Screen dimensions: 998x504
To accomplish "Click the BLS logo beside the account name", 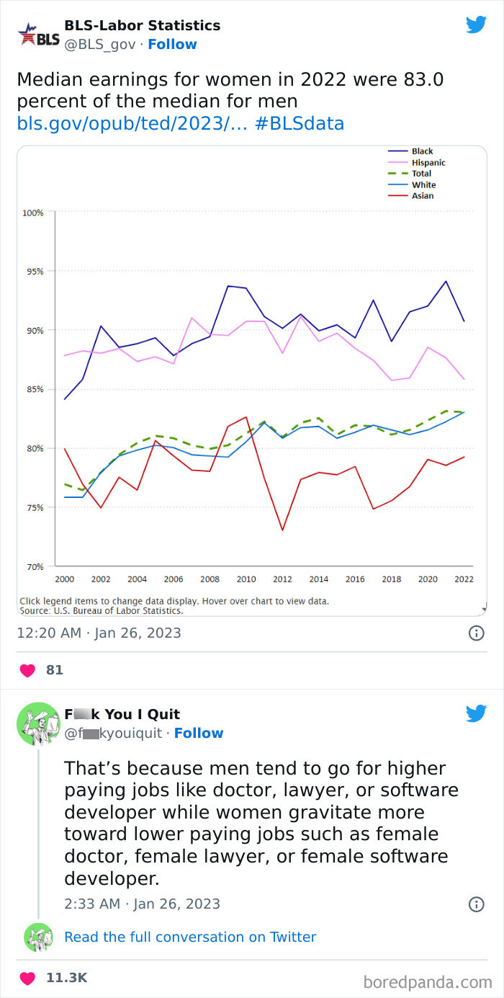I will click(37, 35).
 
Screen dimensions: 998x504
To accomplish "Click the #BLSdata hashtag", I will click(300, 124).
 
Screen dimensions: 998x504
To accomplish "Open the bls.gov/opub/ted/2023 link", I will click(131, 124).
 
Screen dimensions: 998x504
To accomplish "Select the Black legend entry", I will click(421, 151).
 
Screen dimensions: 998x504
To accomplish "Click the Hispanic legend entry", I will click(427, 163).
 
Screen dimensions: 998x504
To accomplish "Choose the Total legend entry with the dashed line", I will click(420, 174).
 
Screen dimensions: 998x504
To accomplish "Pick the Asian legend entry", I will click(421, 196).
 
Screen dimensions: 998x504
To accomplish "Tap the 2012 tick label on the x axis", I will click(282, 579).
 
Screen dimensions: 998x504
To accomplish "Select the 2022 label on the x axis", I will click(463, 579).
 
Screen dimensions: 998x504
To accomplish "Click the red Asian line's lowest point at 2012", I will click(282, 530).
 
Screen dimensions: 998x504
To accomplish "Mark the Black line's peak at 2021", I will click(446, 281).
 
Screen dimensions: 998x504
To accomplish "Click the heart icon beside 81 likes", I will click(27, 670).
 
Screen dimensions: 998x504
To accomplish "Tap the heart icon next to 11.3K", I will click(27, 978).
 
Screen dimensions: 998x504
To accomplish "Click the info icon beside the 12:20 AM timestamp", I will click(476, 633).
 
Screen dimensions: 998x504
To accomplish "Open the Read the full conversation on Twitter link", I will click(190, 937).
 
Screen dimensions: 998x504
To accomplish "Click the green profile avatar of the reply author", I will click(37, 723).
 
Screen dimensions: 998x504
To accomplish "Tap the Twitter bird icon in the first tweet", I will click(476, 25).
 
